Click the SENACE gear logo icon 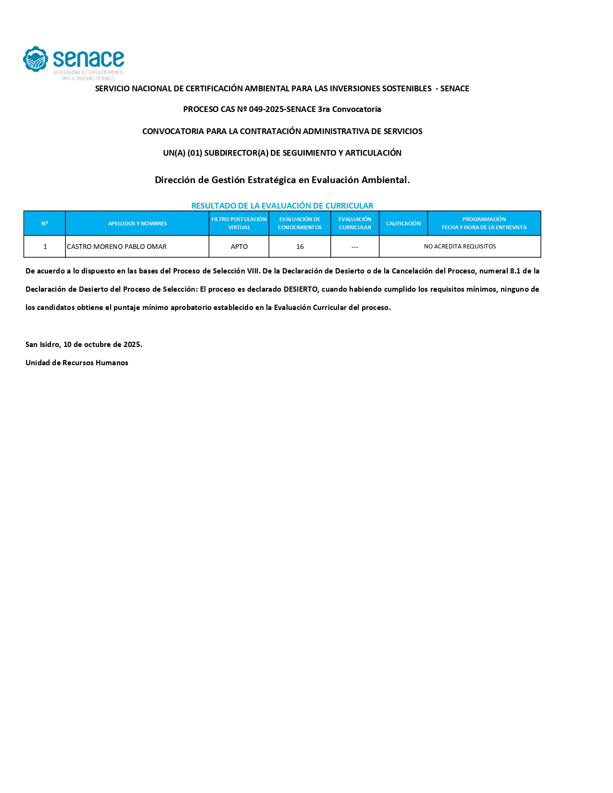tap(36, 60)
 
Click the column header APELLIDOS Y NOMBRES tap(137, 223)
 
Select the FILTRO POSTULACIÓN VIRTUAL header tap(239, 223)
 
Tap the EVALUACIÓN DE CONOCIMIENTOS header tap(300, 223)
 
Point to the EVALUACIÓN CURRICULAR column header tap(355, 223)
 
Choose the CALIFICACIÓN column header tap(403, 223)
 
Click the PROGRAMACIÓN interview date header tap(484, 223)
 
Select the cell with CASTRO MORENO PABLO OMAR tap(117, 247)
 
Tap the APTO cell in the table tap(239, 247)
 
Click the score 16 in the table tap(300, 247)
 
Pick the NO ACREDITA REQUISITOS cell tap(460, 247)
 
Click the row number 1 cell tap(45, 247)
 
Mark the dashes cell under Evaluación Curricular tap(355, 247)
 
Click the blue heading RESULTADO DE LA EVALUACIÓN tap(282, 206)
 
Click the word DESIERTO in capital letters tap(300, 289)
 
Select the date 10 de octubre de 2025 tap(102, 345)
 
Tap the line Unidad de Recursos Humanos tap(77, 363)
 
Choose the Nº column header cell tap(45, 223)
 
